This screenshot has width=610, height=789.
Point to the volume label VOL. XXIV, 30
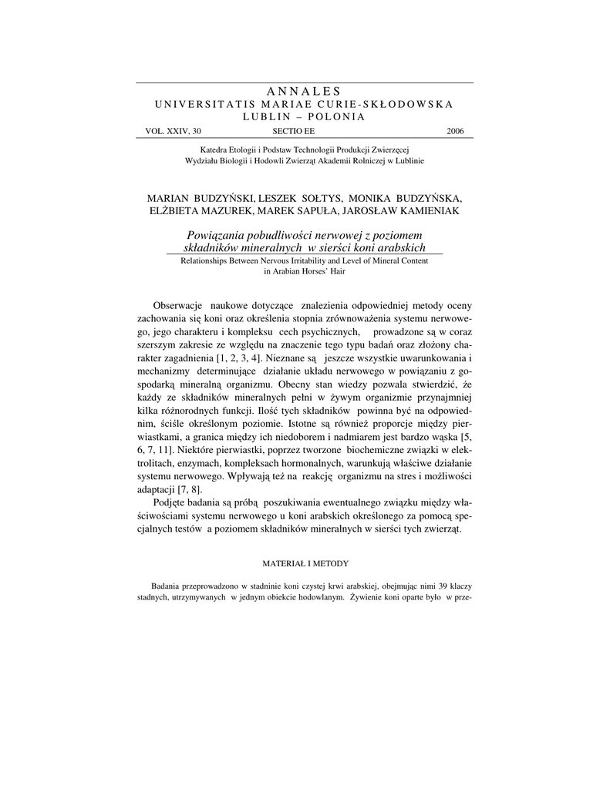pyautogui.click(x=174, y=132)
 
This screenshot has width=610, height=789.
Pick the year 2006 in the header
pyautogui.click(x=455, y=132)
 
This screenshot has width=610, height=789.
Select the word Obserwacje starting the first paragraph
pyautogui.click(x=179, y=306)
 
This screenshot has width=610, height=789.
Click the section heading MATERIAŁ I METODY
pyautogui.click(x=304, y=563)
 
